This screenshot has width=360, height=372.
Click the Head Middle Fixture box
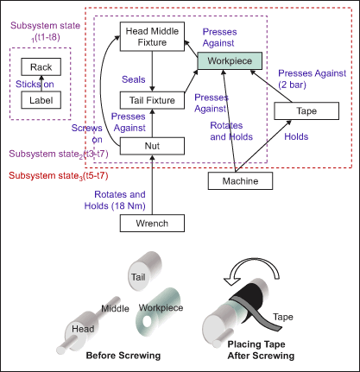(x=152, y=36)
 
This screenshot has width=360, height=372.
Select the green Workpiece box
(x=230, y=60)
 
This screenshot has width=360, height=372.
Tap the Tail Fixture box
(x=152, y=100)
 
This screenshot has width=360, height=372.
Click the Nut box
(x=152, y=146)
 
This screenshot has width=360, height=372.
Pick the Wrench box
(x=152, y=223)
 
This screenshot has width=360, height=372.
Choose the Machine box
(x=240, y=181)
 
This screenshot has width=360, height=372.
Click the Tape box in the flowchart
(x=306, y=110)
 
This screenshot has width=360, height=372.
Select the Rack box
(x=41, y=67)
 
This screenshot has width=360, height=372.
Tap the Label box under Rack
(x=41, y=100)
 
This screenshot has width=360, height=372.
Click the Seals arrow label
(x=134, y=79)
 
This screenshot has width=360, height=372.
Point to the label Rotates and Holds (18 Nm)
(x=115, y=200)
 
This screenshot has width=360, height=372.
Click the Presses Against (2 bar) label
(x=312, y=79)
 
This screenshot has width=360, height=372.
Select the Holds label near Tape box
(x=296, y=136)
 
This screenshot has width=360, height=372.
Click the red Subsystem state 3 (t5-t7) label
(x=59, y=176)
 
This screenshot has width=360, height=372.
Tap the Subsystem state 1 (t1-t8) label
(x=45, y=31)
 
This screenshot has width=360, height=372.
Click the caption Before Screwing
(x=123, y=356)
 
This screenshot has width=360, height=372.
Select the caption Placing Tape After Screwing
(x=261, y=350)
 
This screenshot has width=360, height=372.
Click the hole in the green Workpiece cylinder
(x=148, y=322)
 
